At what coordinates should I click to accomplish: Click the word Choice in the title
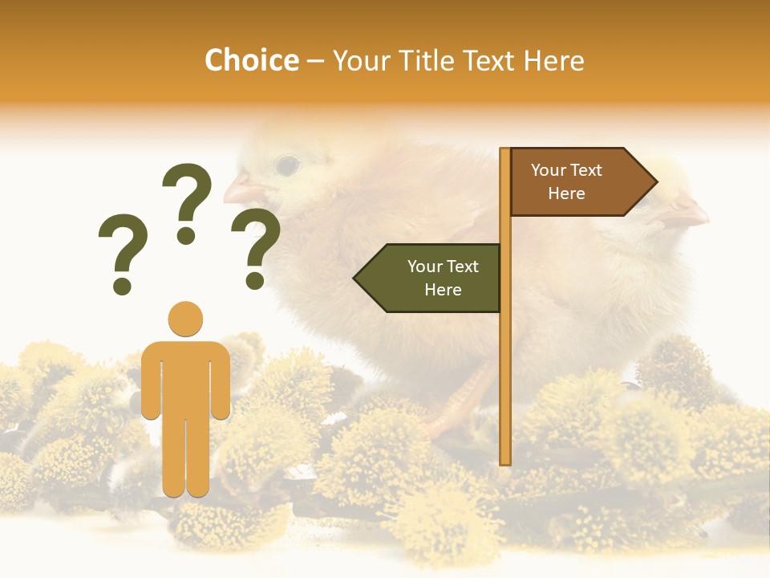[x=251, y=61]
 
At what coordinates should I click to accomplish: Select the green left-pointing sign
[x=433, y=278]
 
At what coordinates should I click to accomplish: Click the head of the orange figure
[x=185, y=319]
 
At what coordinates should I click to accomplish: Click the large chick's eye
[x=287, y=166]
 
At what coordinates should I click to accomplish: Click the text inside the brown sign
[x=566, y=182]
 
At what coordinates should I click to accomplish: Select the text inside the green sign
[x=443, y=278]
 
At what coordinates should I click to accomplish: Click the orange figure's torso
[x=185, y=377]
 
